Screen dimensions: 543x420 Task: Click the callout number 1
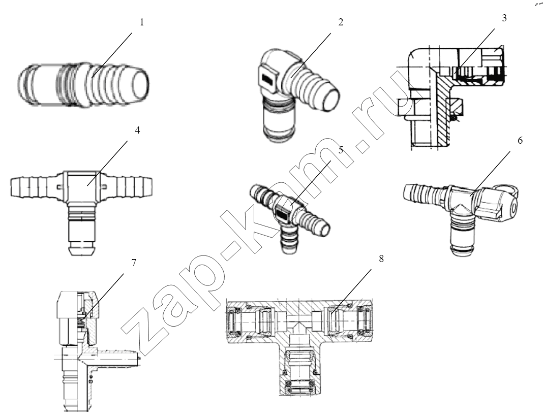pyautogui.click(x=142, y=22)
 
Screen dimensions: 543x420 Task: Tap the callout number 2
pyautogui.click(x=341, y=22)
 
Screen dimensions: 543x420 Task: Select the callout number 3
pyautogui.click(x=504, y=18)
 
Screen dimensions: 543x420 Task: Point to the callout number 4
pyautogui.click(x=137, y=131)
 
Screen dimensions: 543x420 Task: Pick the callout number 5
pyautogui.click(x=341, y=150)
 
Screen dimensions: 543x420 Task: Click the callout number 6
pyautogui.click(x=520, y=141)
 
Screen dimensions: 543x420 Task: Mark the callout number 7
pyautogui.click(x=134, y=263)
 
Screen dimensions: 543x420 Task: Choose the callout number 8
pyautogui.click(x=381, y=259)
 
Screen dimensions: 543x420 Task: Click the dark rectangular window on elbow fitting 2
pyautogui.click(x=268, y=81)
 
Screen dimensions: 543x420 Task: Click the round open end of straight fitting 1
pyautogui.click(x=140, y=84)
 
